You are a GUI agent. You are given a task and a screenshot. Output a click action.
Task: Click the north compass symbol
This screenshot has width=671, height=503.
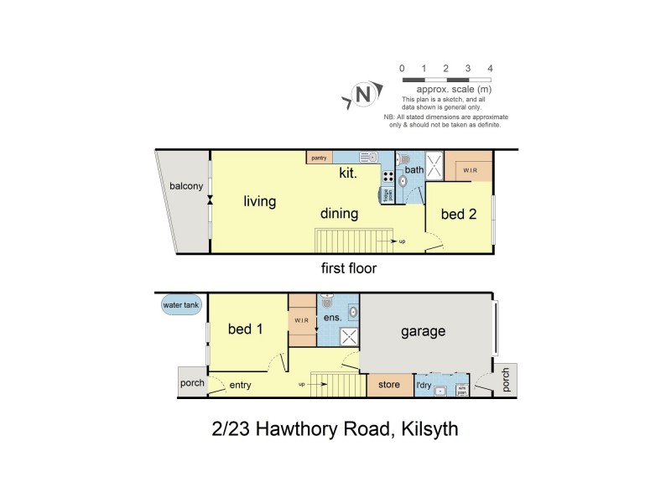(x=363, y=94)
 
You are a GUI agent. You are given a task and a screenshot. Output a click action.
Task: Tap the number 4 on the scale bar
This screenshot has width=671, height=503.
(x=490, y=68)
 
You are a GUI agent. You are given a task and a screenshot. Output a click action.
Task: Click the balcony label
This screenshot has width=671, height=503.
(x=185, y=186)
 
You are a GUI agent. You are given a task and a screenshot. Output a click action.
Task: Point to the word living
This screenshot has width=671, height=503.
(x=260, y=202)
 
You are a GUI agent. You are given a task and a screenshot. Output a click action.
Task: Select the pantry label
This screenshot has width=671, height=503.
(x=319, y=158)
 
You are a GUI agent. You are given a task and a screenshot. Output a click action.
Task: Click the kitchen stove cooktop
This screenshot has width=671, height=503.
(x=388, y=177)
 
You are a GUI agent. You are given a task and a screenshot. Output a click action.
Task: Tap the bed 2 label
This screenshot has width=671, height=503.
(x=459, y=215)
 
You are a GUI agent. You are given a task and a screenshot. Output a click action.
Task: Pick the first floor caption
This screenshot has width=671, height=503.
(x=349, y=269)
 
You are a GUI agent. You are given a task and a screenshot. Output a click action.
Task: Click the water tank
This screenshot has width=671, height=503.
(x=181, y=306)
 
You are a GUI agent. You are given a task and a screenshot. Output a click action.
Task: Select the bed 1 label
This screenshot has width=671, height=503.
(x=246, y=329)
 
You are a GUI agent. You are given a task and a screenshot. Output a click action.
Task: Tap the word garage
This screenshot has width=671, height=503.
(x=422, y=331)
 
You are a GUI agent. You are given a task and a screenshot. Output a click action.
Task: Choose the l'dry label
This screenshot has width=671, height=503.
(x=428, y=386)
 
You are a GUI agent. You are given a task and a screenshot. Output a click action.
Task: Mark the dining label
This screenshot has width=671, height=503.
(x=338, y=214)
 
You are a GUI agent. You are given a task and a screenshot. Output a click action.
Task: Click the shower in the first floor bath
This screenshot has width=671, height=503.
(x=435, y=164)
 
